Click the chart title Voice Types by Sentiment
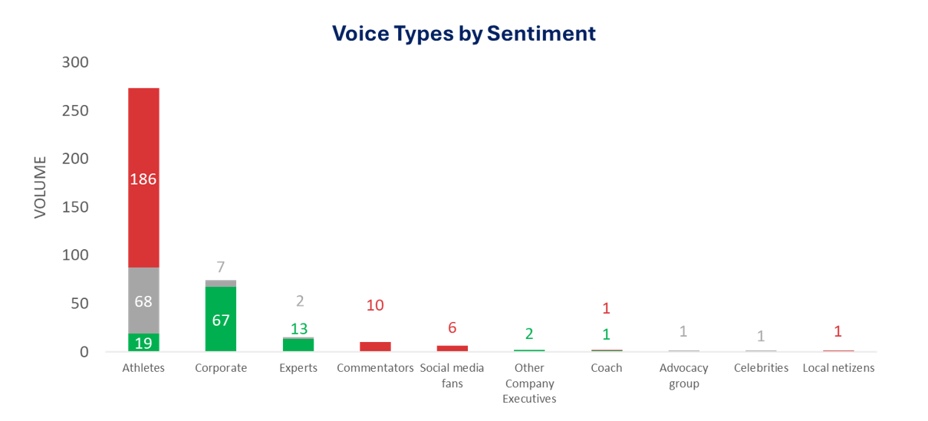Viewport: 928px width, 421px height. click(463, 34)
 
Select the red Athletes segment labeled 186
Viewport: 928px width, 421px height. click(143, 178)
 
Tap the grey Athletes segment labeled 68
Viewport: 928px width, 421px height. click(143, 301)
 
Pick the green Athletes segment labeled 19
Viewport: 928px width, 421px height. click(143, 343)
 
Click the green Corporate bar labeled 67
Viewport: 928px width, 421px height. click(221, 319)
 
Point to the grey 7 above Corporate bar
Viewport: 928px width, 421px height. click(221, 267)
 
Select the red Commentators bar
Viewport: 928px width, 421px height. click(375, 347)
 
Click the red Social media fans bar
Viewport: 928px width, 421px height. click(452, 348)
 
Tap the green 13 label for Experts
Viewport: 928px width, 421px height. click(298, 329)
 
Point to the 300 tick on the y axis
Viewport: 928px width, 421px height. click(75, 62)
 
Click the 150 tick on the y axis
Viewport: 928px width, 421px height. click(75, 207)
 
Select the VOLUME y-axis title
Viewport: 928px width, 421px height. click(41, 187)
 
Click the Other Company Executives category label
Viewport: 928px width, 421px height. click(529, 383)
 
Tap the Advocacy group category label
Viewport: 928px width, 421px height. click(683, 376)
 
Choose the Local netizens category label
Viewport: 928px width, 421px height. click(838, 368)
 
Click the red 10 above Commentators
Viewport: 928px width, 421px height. click(375, 305)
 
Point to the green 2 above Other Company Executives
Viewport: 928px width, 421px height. click(529, 334)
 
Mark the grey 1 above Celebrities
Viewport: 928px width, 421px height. click(761, 336)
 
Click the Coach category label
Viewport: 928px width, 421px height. click(606, 368)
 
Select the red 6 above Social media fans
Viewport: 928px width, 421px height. click(452, 327)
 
